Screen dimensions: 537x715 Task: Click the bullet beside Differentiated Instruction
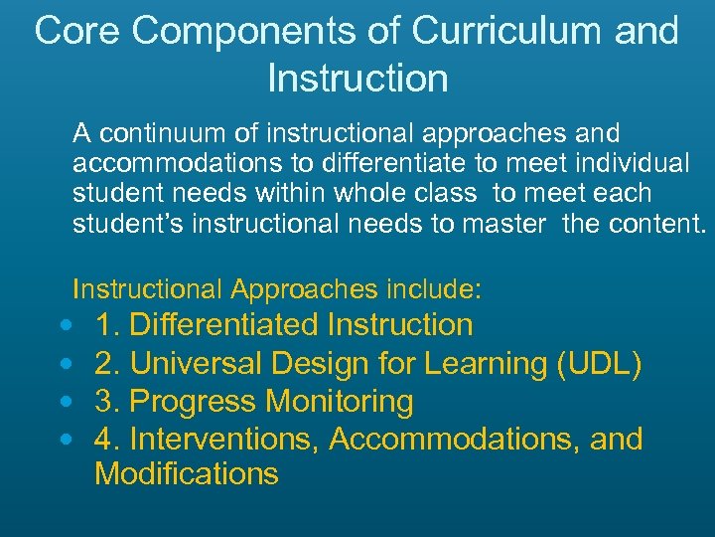(x=65, y=326)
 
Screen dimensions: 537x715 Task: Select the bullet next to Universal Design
(x=65, y=364)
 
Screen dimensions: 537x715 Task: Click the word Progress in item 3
(x=193, y=402)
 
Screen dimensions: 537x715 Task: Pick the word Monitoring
(x=339, y=402)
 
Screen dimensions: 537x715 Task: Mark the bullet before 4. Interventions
(x=65, y=439)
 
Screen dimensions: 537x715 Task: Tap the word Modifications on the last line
(x=186, y=473)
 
